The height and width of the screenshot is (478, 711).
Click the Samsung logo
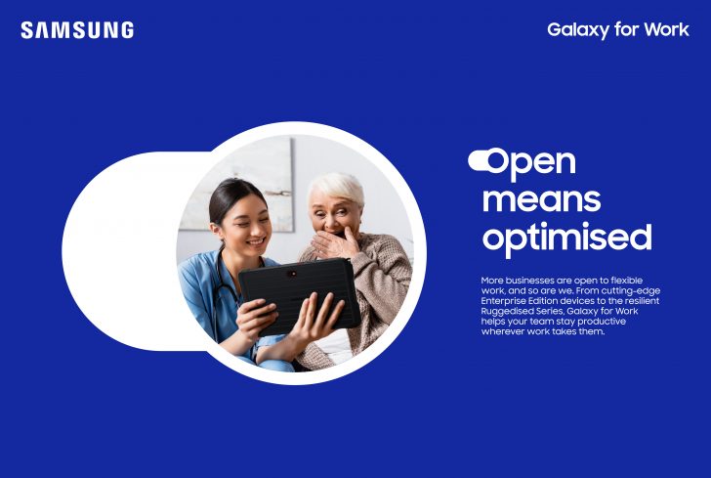pos(77,30)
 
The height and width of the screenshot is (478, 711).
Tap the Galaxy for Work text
pos(617,29)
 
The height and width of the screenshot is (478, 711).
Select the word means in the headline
pos(541,199)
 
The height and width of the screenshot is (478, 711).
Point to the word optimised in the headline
pos(565,238)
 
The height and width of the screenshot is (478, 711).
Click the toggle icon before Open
pos(480,158)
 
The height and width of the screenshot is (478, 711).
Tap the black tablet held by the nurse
pos(298,293)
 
